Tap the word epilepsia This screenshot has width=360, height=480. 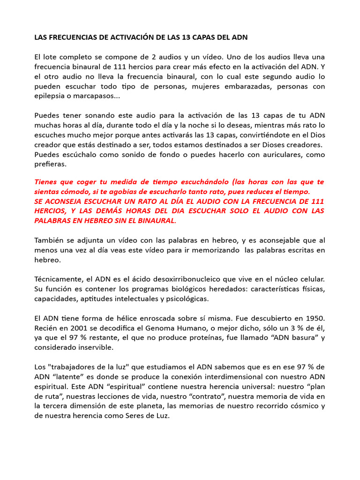pos(51,96)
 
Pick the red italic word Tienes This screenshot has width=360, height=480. pos(47,181)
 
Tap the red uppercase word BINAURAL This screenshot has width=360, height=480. pos(156,220)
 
